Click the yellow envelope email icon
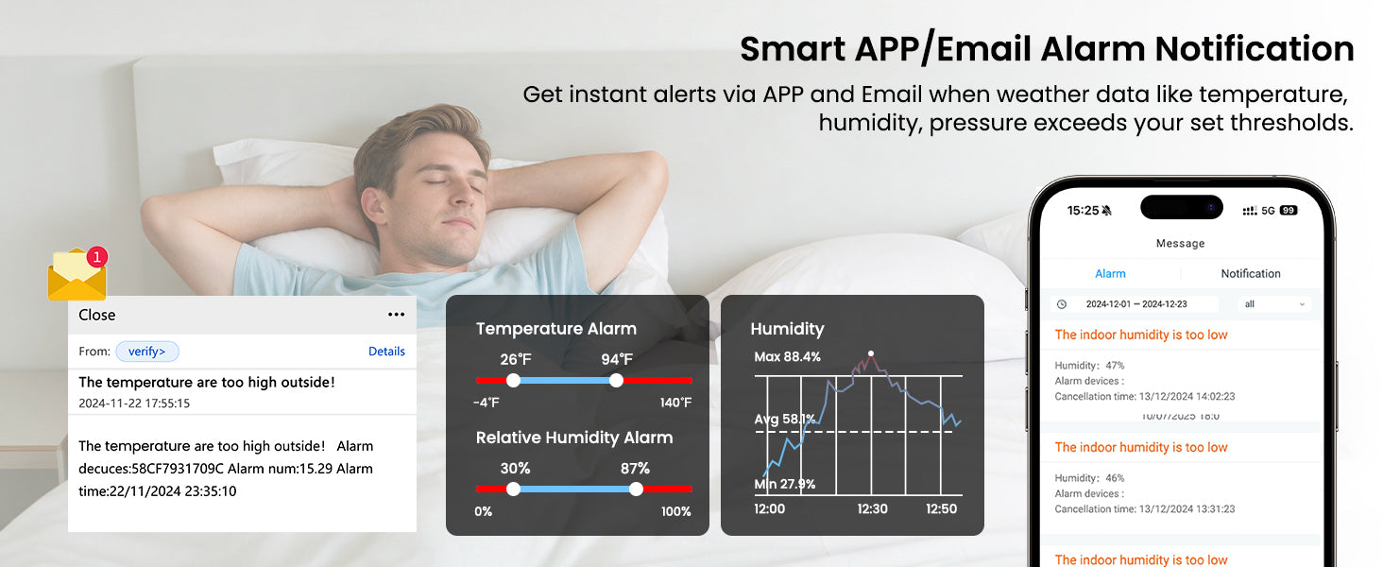[77, 276]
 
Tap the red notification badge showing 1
[97, 256]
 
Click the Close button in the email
[97, 315]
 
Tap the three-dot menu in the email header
[397, 315]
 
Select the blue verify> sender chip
[147, 352]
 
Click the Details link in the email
[386, 352]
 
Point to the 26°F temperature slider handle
[513, 381]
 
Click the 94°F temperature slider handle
[616, 381]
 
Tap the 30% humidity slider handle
[513, 490]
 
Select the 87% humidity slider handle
[636, 490]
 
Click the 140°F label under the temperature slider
[675, 403]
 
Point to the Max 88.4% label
[787, 357]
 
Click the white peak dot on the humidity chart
[871, 354]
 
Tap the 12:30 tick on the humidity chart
[872, 509]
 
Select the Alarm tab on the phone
[1110, 274]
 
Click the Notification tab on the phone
[1250, 274]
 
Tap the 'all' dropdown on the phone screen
[1273, 304]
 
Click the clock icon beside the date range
[1062, 304]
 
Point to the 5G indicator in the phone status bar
[1268, 211]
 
